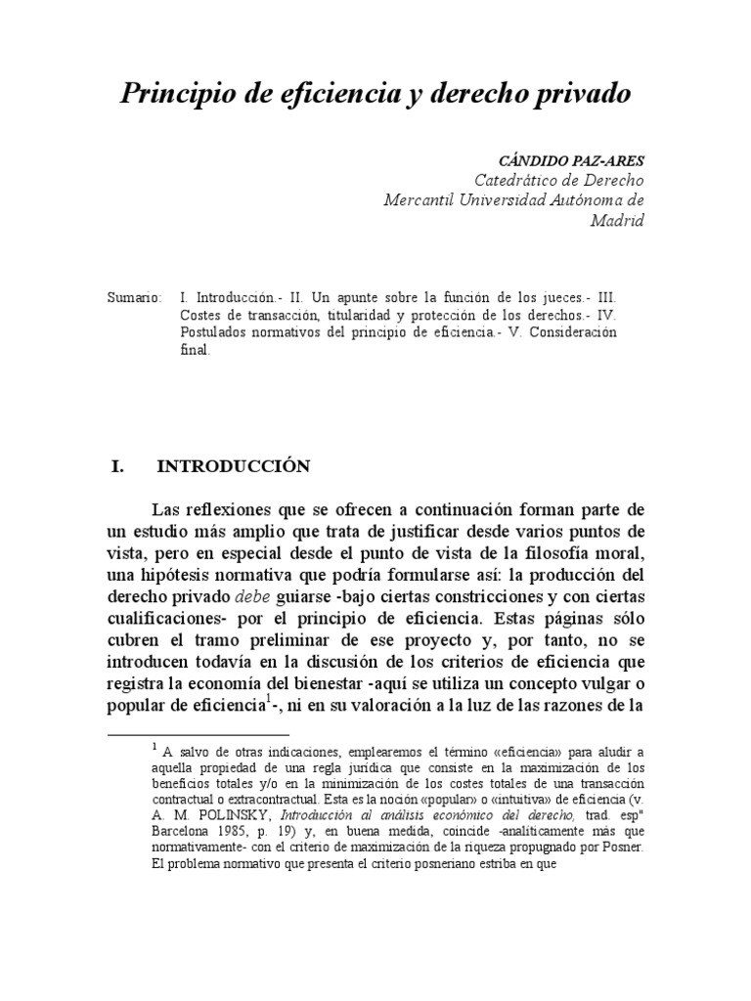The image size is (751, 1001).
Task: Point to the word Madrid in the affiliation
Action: [x=617, y=220]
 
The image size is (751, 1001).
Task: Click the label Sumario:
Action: [x=134, y=296]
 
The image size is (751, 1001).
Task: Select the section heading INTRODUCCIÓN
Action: [x=233, y=466]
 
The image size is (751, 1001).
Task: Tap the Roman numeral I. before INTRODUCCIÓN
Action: [x=117, y=466]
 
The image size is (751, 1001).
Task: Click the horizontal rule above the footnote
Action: [x=197, y=733]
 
